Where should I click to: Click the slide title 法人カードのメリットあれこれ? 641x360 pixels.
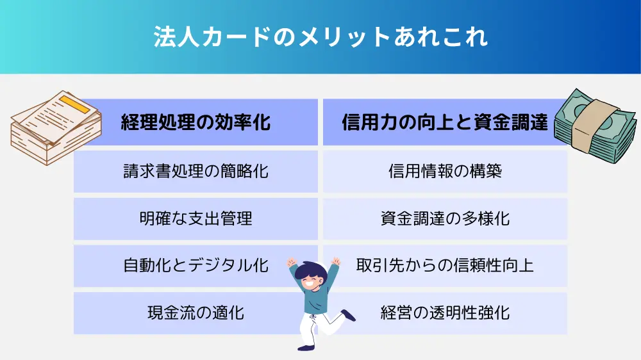pos(320,37)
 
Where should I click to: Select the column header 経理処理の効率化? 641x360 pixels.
pos(196,122)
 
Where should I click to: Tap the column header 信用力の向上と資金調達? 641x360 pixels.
pos(445,122)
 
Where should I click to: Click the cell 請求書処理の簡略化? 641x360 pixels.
pos(196,171)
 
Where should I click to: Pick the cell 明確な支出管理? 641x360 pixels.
pos(196,218)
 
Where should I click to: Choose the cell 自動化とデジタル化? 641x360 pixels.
pos(196,266)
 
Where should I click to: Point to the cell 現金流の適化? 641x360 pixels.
pos(196,313)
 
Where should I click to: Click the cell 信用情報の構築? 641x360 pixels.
pos(445,171)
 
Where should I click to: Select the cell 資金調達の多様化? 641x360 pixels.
pos(445,218)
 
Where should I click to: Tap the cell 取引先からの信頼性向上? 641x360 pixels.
pos(445,266)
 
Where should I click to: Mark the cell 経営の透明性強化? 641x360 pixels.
pos(445,313)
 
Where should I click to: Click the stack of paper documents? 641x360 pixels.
pos(56,128)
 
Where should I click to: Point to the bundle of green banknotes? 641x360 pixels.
pos(595,126)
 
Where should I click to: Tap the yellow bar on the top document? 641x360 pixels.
pos(74,104)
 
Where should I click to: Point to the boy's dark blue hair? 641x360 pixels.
pos(310,270)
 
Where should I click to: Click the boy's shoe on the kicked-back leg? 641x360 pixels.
pos(348,315)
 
